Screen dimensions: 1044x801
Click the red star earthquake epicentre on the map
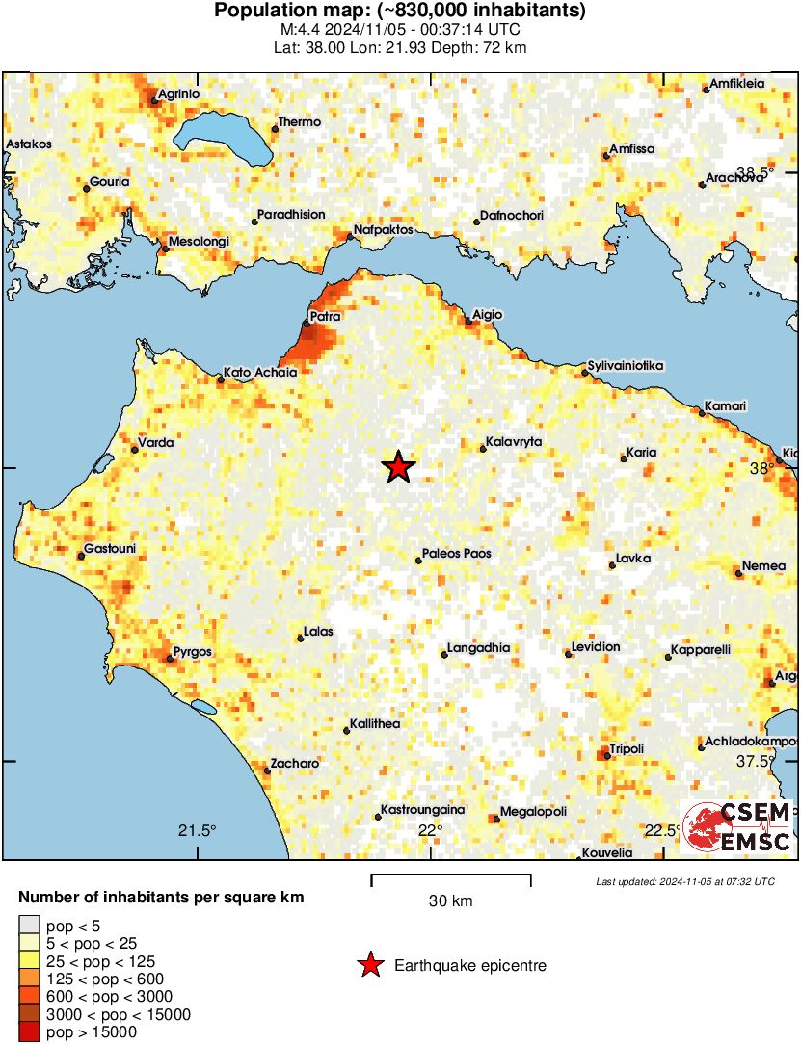coord(398,467)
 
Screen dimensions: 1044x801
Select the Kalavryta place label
coord(516,441)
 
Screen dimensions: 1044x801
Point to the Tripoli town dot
coord(607,756)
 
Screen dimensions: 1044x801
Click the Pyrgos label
coord(193,652)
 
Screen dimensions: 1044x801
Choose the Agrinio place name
coord(179,93)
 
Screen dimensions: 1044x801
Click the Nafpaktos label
coord(384,230)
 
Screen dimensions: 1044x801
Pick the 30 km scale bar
coord(451,878)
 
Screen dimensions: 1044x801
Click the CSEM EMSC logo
coord(736,827)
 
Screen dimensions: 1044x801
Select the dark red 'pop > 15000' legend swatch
coord(29,1031)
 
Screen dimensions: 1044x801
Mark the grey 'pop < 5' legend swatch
coord(29,927)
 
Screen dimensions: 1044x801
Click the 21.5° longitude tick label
coord(198,831)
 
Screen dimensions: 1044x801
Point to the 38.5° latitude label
coord(755,172)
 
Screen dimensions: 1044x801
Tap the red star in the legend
coord(368,965)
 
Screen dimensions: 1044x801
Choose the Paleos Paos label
coord(457,554)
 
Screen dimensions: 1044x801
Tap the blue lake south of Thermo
coord(224,137)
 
